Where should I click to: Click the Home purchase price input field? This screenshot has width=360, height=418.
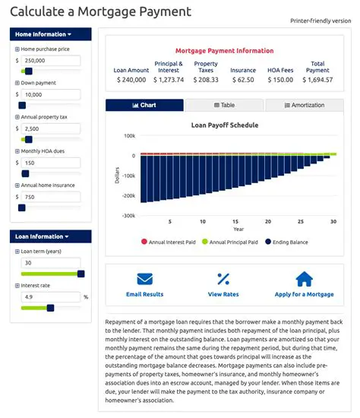point(51,60)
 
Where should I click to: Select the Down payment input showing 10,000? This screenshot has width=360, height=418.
point(51,95)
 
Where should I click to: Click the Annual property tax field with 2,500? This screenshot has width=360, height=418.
point(51,129)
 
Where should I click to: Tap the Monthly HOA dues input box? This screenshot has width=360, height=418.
point(51,163)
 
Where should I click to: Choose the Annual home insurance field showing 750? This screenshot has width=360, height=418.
point(51,197)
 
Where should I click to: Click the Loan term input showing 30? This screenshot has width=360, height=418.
point(51,262)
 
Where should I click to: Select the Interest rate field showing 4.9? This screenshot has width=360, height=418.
point(49,297)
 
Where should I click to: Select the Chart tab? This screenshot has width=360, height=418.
point(144,106)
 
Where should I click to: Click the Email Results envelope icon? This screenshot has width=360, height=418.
point(144,278)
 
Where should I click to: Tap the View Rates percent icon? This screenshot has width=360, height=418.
point(223,278)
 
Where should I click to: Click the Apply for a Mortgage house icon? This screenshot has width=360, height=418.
point(304,278)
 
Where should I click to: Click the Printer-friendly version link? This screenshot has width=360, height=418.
point(321,21)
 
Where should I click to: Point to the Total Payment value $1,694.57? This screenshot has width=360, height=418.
point(317,79)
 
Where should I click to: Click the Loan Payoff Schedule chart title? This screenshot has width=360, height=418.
point(224,124)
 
